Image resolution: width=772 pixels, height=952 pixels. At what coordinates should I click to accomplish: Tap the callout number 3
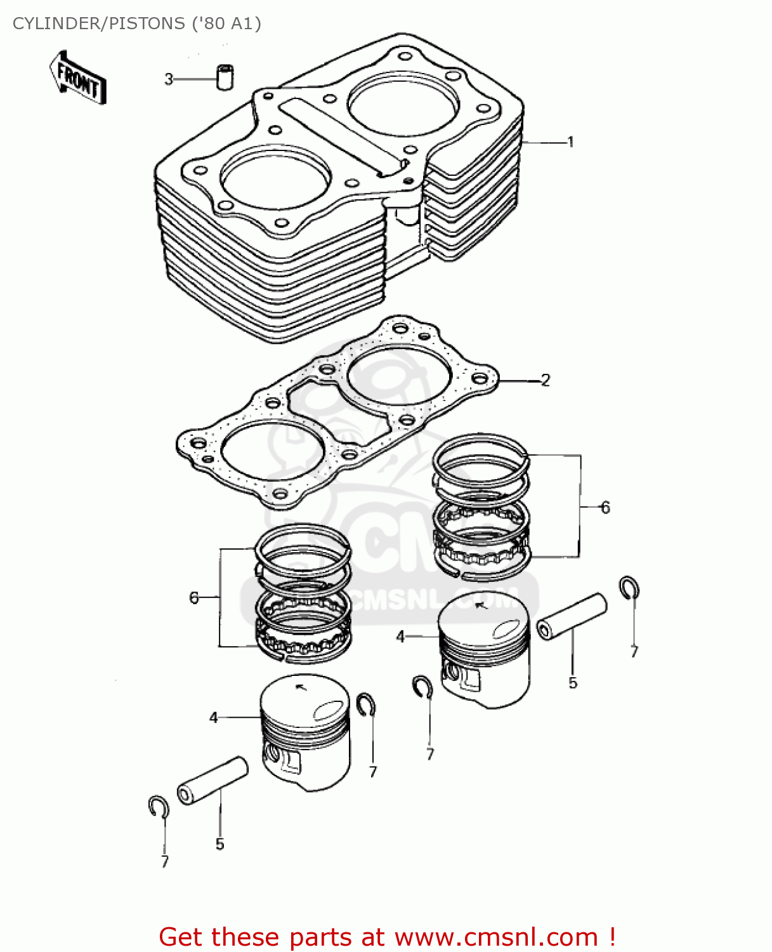[169, 79]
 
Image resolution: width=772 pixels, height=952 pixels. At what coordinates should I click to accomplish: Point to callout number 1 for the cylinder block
[570, 142]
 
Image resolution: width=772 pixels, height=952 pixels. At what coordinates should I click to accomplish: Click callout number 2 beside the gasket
[545, 380]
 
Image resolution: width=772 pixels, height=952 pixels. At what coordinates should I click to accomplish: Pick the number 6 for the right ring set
[605, 508]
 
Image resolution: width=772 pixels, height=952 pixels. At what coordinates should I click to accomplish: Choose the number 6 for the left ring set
[194, 598]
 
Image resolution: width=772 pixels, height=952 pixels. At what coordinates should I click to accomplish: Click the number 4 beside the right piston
[400, 637]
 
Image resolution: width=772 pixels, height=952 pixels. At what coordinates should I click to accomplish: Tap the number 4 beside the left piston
[214, 718]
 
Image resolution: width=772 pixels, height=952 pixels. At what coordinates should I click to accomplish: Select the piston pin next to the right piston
[572, 616]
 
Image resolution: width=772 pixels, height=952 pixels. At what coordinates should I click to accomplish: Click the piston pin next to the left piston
[213, 780]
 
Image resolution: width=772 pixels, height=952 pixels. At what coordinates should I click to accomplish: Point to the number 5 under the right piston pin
[573, 683]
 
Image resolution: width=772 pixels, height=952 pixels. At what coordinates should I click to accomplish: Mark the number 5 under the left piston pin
[219, 844]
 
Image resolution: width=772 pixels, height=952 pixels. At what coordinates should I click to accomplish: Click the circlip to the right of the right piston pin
[629, 588]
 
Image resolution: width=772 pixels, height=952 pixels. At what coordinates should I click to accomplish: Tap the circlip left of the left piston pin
[158, 807]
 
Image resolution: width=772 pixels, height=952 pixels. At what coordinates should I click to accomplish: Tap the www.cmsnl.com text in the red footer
[496, 937]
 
